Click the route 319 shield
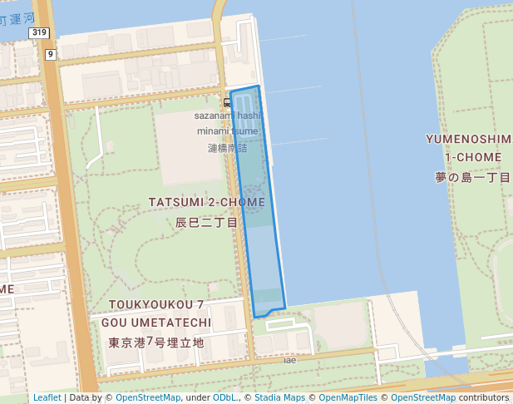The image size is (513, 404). [39, 32]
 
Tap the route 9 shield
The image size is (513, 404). [50, 54]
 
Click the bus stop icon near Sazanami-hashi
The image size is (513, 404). [227, 102]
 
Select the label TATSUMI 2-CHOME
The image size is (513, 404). [207, 202]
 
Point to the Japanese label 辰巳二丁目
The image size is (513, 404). [207, 223]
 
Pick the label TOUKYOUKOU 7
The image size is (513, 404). [156, 305]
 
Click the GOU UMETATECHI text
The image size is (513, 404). [156, 322]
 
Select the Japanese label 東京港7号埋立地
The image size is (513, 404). [156, 342]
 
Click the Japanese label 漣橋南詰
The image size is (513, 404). [227, 147]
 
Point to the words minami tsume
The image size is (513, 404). [227, 131]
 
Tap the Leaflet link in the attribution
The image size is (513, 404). [47, 397]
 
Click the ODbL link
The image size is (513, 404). [225, 397]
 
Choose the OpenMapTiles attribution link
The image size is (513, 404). [349, 397]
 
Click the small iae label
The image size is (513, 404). [289, 360]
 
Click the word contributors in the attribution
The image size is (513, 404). [483, 397]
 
